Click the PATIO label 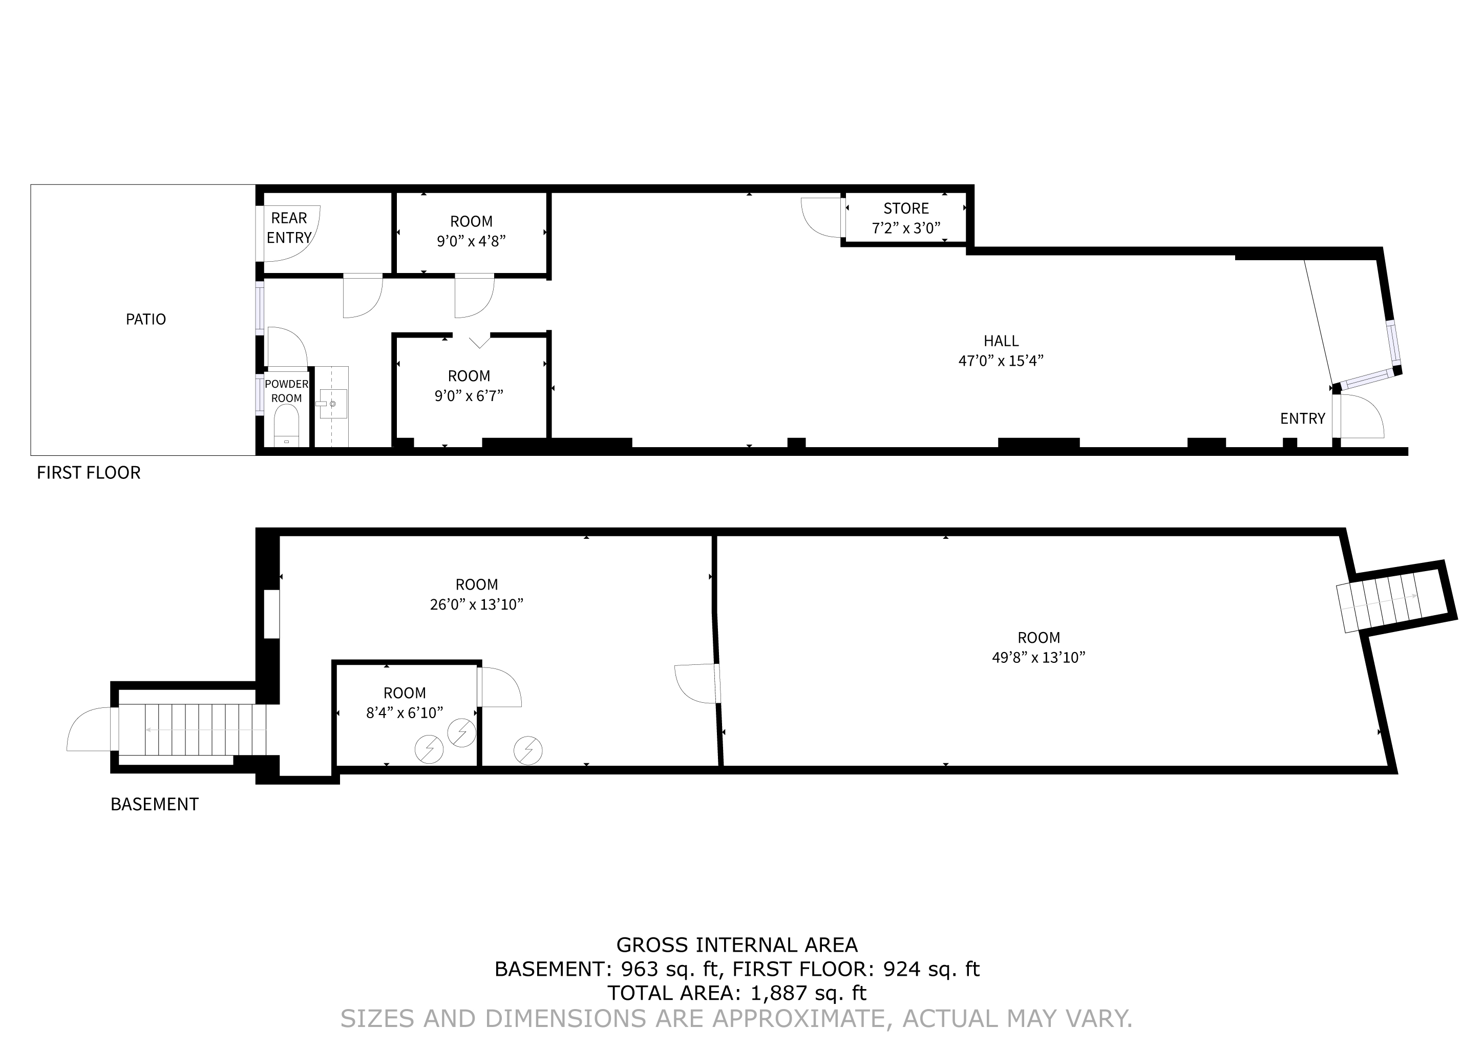point(145,319)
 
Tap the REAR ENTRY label point(289,228)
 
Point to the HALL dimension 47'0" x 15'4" point(1001,361)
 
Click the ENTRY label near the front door point(1302,418)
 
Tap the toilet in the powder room point(286,426)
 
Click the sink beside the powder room point(332,404)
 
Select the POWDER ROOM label point(287,391)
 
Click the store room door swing point(821,218)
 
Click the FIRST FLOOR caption point(89,473)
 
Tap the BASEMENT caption point(154,804)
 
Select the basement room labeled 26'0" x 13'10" point(477,594)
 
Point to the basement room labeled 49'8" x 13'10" point(1039,647)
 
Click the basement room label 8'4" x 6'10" point(405,703)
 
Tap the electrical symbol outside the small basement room point(528,750)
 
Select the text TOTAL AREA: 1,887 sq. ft point(737,993)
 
